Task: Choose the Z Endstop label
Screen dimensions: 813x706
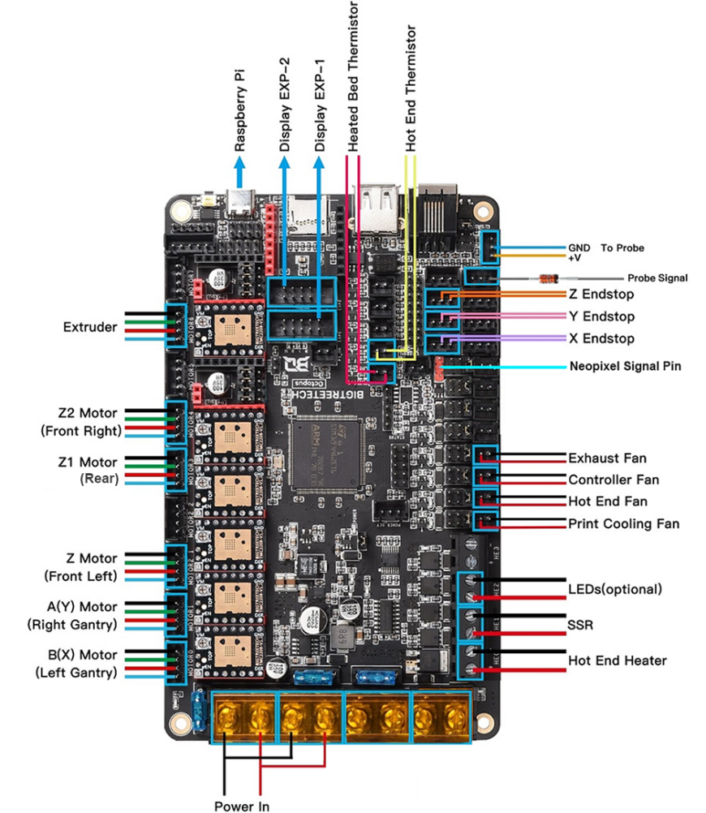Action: [x=601, y=295]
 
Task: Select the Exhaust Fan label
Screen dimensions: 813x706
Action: [x=607, y=458]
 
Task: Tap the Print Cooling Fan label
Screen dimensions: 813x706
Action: [x=623, y=524]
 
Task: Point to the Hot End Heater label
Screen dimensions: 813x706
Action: [x=617, y=660]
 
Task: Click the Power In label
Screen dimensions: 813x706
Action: [x=242, y=806]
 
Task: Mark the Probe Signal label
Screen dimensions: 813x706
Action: [x=656, y=278]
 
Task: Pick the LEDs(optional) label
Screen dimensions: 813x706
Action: [x=615, y=589]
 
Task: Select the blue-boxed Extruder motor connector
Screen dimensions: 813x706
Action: [x=176, y=326]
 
